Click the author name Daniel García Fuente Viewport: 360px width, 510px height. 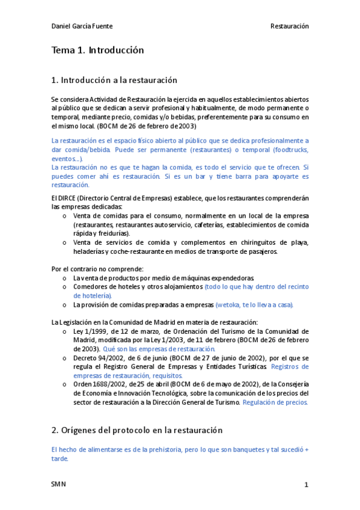(x=82, y=26)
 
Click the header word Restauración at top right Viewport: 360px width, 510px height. (x=289, y=26)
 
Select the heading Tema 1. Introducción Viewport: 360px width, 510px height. (x=98, y=51)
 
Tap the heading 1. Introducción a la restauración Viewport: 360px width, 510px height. (x=114, y=80)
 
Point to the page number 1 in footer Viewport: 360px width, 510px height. (x=306, y=484)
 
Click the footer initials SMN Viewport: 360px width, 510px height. (x=59, y=484)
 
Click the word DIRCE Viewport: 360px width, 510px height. (x=68, y=198)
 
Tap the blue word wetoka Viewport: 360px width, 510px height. (x=228, y=305)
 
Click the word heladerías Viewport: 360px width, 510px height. (x=90, y=251)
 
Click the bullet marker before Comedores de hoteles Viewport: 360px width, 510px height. (x=65, y=287)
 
